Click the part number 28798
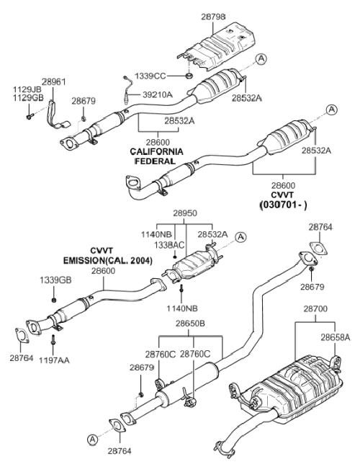(213, 17)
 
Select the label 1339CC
(150, 76)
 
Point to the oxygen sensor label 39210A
(157, 95)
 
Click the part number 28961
(53, 82)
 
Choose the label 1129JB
(27, 89)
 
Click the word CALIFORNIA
(156, 152)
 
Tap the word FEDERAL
(155, 161)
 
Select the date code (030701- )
(283, 205)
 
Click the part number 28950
(185, 213)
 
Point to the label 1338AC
(169, 245)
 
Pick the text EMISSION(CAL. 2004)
(108, 260)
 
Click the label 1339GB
(55, 280)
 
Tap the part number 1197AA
(54, 360)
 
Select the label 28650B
(190, 324)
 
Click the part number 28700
(315, 308)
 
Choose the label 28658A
(336, 337)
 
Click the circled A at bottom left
(93, 440)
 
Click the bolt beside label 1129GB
(30, 116)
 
